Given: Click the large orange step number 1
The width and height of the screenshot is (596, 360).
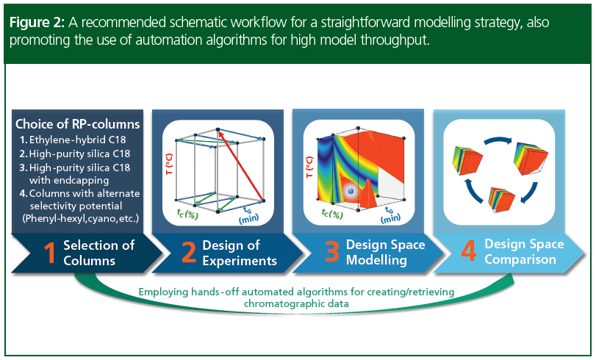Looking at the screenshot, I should pos(49,253).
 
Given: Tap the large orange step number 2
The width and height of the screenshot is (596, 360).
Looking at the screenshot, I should pos(188,253).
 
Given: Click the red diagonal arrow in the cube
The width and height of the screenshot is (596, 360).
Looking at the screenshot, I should pos(240,165).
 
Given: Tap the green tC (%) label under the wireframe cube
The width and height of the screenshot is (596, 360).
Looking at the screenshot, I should pos(187,214).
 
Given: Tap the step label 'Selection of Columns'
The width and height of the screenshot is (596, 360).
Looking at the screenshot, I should pos(98,253).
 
